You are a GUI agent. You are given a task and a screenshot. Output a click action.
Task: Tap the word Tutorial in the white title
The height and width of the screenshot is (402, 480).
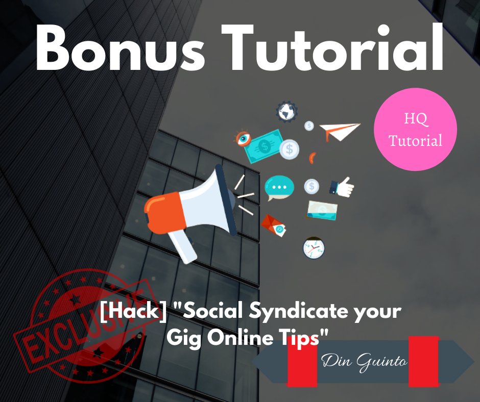(x=332, y=47)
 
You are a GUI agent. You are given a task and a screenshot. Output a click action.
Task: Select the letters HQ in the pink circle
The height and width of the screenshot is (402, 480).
(x=416, y=119)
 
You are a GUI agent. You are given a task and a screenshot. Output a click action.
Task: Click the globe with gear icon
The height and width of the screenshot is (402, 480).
(x=286, y=112)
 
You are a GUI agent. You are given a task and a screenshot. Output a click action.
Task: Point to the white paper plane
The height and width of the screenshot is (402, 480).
(x=339, y=132)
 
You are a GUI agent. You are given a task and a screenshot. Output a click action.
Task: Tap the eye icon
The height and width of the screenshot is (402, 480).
(x=243, y=138)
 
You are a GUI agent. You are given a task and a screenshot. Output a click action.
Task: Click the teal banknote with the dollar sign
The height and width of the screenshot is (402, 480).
(x=264, y=146)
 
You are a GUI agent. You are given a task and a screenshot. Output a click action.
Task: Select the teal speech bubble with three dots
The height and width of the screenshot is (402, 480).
(x=279, y=188)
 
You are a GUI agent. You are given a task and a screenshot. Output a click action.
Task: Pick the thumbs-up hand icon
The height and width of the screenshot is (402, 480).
(x=342, y=187)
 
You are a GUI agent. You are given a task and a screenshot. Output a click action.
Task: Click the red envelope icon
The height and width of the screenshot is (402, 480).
(x=273, y=225)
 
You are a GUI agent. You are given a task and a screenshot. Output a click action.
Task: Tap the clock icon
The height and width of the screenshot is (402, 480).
(x=314, y=248)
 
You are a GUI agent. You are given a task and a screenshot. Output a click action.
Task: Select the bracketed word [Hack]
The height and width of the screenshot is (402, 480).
(x=133, y=311)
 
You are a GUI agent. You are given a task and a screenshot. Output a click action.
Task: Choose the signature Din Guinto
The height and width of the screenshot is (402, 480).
(x=364, y=362)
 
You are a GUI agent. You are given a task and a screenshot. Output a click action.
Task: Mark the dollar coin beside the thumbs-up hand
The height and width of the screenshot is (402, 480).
(x=311, y=186)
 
